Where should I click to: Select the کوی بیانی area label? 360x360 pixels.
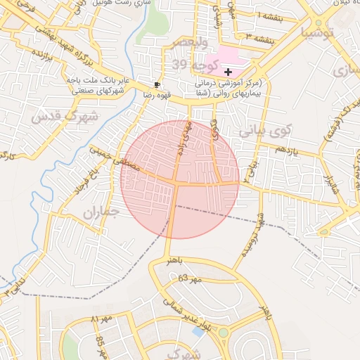coord(264,131)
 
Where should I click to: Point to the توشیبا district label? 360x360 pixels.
coord(324,32)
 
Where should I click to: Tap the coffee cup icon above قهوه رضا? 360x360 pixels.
coord(156,84)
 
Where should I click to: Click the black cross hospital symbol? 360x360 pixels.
coord(228,72)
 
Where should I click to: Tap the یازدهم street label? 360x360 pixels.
coord(286,150)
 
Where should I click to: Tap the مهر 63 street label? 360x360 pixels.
coord(190,279)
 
